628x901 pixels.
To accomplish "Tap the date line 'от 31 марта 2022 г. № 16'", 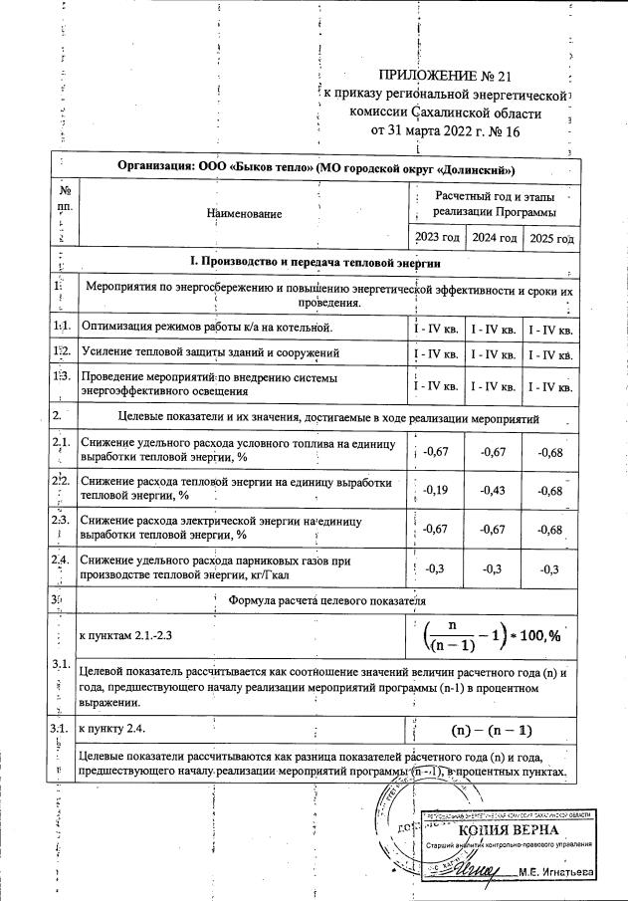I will [x=444, y=129].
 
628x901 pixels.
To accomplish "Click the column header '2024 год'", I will [x=495, y=238].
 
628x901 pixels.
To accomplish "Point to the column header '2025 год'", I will [x=551, y=239].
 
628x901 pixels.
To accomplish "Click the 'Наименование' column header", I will [x=244, y=213].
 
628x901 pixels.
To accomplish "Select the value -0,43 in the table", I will [x=495, y=490].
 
